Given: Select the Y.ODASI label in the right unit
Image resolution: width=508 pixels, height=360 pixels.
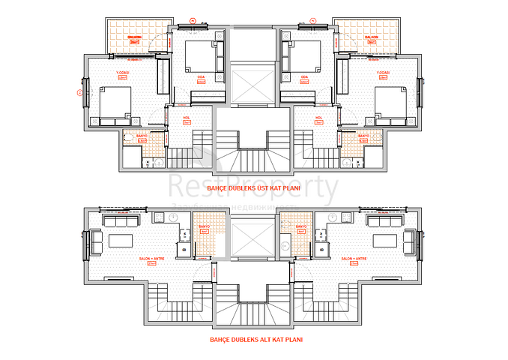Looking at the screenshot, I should click(384, 73).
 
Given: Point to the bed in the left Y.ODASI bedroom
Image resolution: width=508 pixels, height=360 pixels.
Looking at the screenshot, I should click(112, 103).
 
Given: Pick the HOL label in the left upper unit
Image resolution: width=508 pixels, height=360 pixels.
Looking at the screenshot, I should click(186, 118).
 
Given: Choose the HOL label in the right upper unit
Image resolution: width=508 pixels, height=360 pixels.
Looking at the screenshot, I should click(318, 118).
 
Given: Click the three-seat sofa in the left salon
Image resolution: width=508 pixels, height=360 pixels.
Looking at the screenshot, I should click(117, 222).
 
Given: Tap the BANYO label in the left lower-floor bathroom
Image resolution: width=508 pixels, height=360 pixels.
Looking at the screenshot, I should click(203, 226).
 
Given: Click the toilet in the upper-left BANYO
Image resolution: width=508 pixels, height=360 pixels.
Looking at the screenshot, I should click(128, 139).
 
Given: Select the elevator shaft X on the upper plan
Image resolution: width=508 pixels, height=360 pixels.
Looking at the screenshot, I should click(252, 85).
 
